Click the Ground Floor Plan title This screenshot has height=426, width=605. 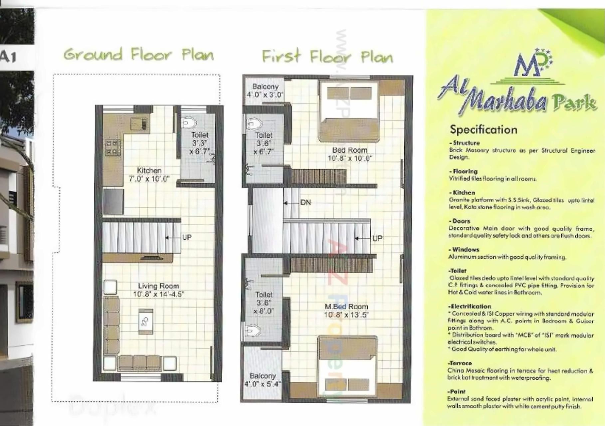138,55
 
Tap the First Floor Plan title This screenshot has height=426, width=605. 327,57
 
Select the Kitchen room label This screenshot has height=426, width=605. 149,171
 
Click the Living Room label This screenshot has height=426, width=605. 158,286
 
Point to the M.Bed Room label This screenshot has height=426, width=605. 346,307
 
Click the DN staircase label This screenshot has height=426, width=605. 305,202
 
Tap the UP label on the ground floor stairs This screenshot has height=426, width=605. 187,237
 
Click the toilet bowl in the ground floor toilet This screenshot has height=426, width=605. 189,123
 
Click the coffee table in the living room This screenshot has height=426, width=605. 146,321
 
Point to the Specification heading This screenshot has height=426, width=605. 483,129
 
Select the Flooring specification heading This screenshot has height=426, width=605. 463,171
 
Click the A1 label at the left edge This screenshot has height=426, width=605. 8,57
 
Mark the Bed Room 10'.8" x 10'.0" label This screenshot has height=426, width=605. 349,154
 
